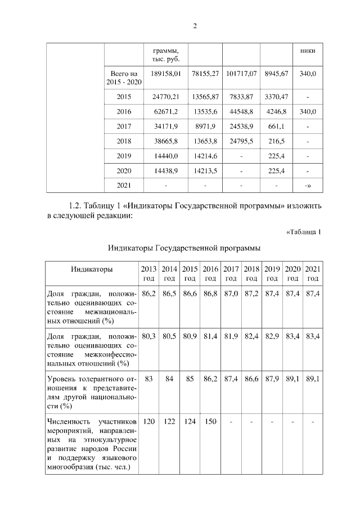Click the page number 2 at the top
pos(194,25)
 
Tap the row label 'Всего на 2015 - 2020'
pos(124,78)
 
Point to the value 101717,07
pos(241,74)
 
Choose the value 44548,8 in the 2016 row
pos(241,112)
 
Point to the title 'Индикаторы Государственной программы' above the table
pos(183,248)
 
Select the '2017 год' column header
pos(231,274)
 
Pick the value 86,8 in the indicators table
pos(210,294)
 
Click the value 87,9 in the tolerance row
pos(272,379)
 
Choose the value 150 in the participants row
pos(210,421)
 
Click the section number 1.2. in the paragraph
pos(76,206)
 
